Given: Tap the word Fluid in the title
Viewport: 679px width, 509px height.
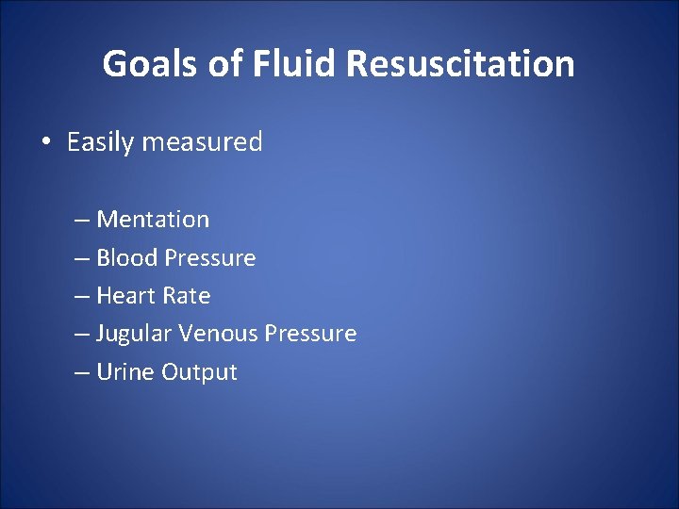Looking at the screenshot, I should pyautogui.click(x=285, y=64).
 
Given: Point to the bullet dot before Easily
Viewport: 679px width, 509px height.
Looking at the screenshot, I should pyautogui.click(x=44, y=143).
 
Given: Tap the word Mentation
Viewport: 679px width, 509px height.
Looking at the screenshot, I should pyautogui.click(x=153, y=220).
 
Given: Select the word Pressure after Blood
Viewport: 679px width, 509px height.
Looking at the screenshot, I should pyautogui.click(x=209, y=257).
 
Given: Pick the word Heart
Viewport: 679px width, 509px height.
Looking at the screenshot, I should pyautogui.click(x=126, y=296).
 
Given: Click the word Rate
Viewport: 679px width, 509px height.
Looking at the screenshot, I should pyautogui.click(x=186, y=296).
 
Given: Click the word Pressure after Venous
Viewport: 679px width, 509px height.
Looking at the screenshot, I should pyautogui.click(x=310, y=334).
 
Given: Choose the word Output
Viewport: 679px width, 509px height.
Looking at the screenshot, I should pyautogui.click(x=199, y=372).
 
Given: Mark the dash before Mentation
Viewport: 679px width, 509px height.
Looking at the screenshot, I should pyautogui.click(x=82, y=221).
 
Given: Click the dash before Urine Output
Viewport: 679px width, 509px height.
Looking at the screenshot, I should pyautogui.click(x=82, y=373).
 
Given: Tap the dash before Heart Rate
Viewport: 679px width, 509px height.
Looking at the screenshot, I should pyautogui.click(x=82, y=297).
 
